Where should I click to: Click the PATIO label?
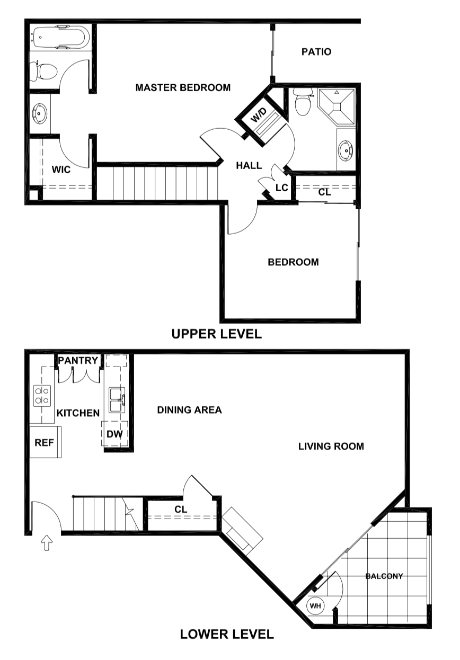pos(316,52)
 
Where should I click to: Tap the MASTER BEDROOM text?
pos(183,88)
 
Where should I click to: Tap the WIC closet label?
pos(61,171)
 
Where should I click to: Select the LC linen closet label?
pos(281,188)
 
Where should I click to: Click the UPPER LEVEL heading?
pos(216,334)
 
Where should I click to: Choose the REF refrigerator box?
pos(45,442)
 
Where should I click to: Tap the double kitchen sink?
pos(117,400)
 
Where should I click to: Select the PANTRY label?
pos(78,361)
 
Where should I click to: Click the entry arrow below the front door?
pos(47,542)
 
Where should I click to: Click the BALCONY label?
pos(384,576)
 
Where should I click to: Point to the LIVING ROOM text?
pos(331,447)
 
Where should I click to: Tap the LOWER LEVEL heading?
pos(227,634)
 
